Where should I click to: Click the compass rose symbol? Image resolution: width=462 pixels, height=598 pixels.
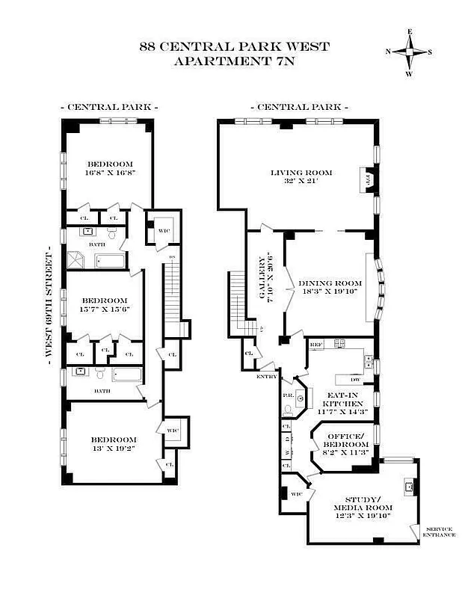pyautogui.click(x=409, y=52)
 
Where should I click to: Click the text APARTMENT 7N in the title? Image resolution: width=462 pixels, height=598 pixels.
pyautogui.click(x=233, y=61)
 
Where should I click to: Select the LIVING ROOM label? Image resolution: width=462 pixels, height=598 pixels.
pyautogui.click(x=301, y=173)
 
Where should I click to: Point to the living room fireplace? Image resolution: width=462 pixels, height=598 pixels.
pyautogui.click(x=367, y=181)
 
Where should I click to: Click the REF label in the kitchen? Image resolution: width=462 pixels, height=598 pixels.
pyautogui.click(x=315, y=345)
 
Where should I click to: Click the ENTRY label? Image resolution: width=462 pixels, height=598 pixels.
pyautogui.click(x=266, y=376)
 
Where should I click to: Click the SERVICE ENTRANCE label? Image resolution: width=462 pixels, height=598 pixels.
pyautogui.click(x=438, y=532)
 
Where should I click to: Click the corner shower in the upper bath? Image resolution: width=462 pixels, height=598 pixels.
pyautogui.click(x=76, y=259)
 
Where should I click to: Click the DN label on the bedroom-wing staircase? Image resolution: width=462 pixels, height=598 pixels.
pyautogui.click(x=172, y=257)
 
